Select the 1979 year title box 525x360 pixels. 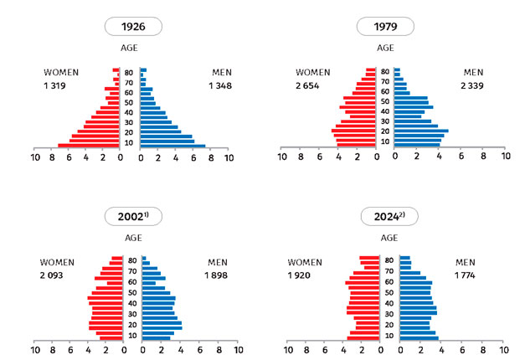[x=383, y=27]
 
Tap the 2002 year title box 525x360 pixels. [x=133, y=216]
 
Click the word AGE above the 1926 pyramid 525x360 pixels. [x=130, y=49]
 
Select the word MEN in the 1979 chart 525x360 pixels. [x=474, y=72]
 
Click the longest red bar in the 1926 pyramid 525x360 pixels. [x=88, y=146]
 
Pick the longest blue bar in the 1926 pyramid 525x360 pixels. [x=172, y=146]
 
